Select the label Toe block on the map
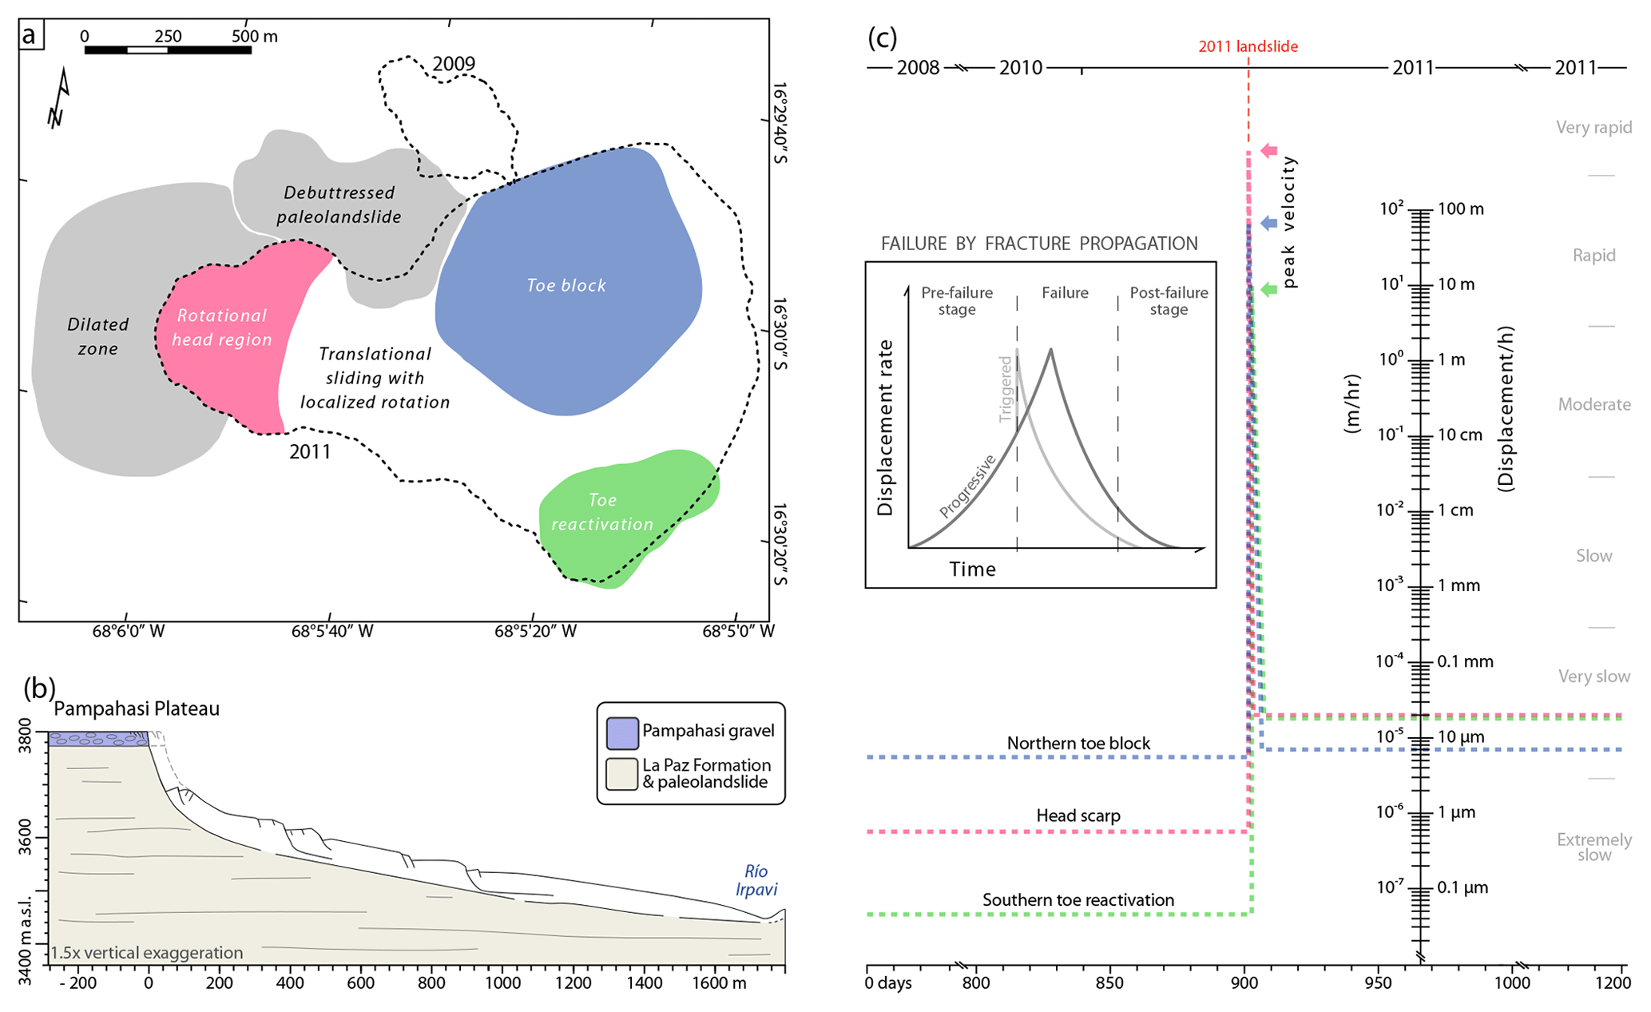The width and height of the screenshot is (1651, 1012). pyautogui.click(x=566, y=285)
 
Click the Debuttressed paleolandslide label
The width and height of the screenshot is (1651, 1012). pyautogui.click(x=339, y=204)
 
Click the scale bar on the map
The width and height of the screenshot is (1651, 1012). pyautogui.click(x=168, y=50)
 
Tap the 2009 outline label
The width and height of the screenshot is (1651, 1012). pyautogui.click(x=454, y=64)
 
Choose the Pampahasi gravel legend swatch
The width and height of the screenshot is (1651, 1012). pyautogui.click(x=621, y=732)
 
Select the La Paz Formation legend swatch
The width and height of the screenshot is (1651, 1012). pyautogui.click(x=621, y=773)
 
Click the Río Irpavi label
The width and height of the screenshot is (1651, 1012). pyautogui.click(x=756, y=880)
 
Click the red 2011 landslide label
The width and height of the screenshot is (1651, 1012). pyautogui.click(x=1248, y=46)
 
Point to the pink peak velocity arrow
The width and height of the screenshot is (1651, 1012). pyautogui.click(x=1269, y=150)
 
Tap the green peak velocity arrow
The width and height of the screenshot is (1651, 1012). pyautogui.click(x=1269, y=289)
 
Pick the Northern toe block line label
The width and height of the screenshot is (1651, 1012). pyautogui.click(x=1078, y=744)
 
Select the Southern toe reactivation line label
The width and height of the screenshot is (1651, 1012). pyautogui.click(x=1078, y=900)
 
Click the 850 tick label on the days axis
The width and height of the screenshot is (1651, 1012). pyautogui.click(x=1109, y=983)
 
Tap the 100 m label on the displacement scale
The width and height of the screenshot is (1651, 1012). pyautogui.click(x=1461, y=209)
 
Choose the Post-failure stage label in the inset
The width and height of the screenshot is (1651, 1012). pyautogui.click(x=1168, y=301)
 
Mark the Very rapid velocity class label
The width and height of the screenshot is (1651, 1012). pyautogui.click(x=1593, y=128)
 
